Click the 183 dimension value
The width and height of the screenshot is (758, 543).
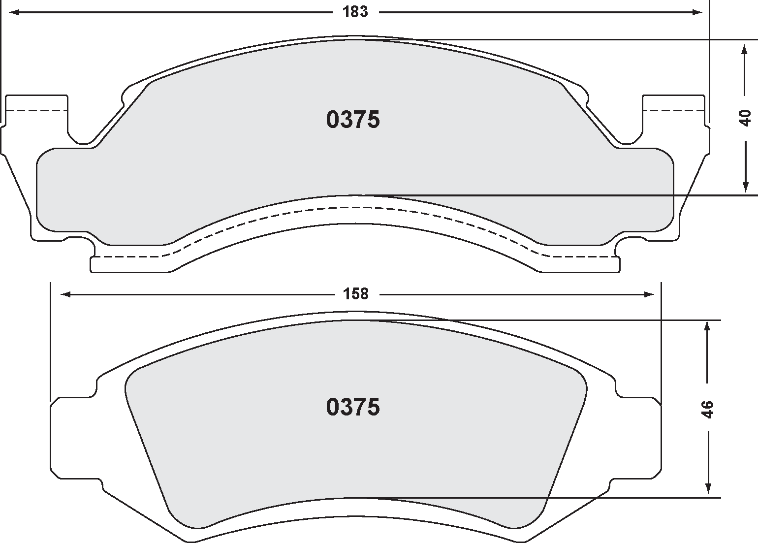click(355, 12)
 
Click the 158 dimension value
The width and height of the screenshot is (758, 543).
click(356, 294)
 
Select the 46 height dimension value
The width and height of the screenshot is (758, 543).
click(707, 409)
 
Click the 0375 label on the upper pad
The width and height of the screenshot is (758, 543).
click(353, 120)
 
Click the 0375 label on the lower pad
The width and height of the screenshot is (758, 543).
click(353, 407)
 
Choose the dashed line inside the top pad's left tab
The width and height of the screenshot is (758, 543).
click(37, 110)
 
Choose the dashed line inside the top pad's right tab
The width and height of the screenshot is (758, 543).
click(674, 110)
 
